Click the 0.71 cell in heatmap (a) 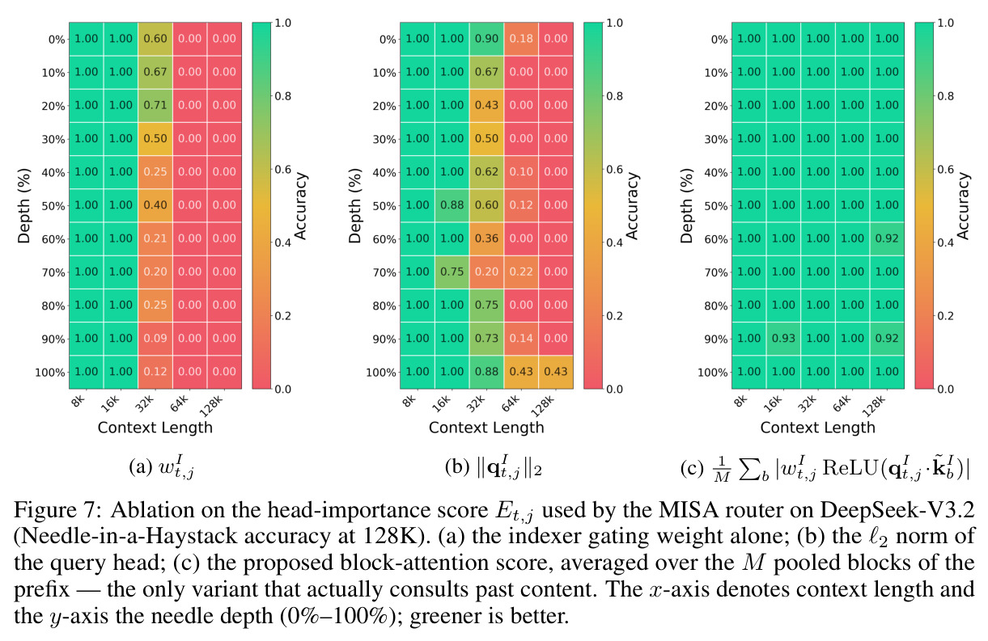pyautogui.click(x=155, y=106)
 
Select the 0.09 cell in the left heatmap pyautogui.click(x=155, y=339)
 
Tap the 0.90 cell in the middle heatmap pyautogui.click(x=486, y=39)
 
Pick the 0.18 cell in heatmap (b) pyautogui.click(x=521, y=39)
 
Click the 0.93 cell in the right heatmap pyautogui.click(x=783, y=339)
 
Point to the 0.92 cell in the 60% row pyautogui.click(x=887, y=238)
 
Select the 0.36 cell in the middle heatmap pyautogui.click(x=486, y=238)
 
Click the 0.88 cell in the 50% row pyautogui.click(x=452, y=205)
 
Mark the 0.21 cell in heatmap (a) pyautogui.click(x=155, y=238)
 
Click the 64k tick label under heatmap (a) pyautogui.click(x=180, y=403)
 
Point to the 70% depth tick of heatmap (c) pyautogui.click(x=715, y=272)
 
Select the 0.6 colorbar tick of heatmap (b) pyautogui.click(x=614, y=170)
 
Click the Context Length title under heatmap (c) pyautogui.click(x=818, y=428)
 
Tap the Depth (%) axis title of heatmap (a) pyautogui.click(x=23, y=206)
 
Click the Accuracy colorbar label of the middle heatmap pyautogui.click(x=632, y=206)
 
